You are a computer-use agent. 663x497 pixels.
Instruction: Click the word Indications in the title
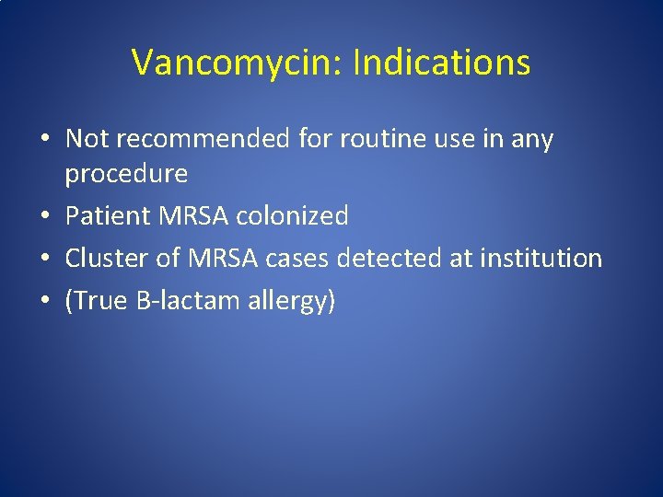[x=441, y=63]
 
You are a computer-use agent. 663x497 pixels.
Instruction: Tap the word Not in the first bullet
[x=87, y=139]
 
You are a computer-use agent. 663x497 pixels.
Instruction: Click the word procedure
[x=126, y=173]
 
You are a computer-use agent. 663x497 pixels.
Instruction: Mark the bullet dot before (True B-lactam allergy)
[x=44, y=301]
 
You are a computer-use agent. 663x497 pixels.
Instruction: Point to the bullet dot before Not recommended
[x=44, y=140]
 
